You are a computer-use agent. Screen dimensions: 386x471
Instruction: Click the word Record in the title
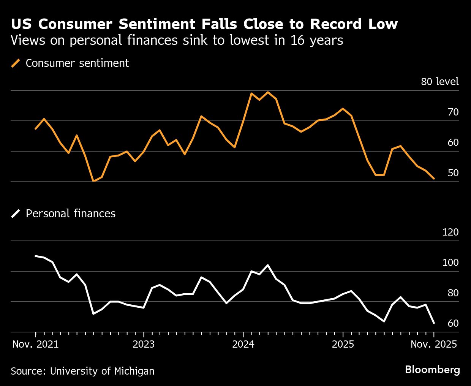[x=335, y=24]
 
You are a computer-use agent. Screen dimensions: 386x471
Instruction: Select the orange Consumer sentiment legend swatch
[x=16, y=63]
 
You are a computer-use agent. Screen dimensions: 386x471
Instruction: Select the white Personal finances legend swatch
[x=16, y=214]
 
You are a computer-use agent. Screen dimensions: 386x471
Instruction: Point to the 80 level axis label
[x=439, y=82]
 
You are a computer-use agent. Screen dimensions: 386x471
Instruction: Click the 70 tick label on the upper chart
[x=453, y=112]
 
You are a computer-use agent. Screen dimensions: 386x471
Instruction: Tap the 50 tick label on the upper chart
[x=453, y=173]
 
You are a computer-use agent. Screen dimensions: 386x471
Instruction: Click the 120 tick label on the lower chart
[x=450, y=232]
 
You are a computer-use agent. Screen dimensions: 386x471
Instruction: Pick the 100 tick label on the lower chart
[x=450, y=263]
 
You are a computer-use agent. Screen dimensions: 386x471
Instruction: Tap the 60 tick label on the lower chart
[x=453, y=323]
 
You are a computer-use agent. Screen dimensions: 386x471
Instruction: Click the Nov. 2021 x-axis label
[x=35, y=344]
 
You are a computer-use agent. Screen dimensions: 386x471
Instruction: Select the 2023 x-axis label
[x=144, y=344]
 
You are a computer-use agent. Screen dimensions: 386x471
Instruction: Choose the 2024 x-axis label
[x=243, y=344]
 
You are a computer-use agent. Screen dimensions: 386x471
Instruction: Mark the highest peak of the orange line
[x=268, y=92]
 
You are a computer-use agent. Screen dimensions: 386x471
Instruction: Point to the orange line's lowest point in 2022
[x=93, y=181]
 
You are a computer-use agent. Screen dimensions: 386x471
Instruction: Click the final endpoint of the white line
[x=434, y=323]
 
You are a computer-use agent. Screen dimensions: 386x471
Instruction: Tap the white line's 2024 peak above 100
[x=268, y=265]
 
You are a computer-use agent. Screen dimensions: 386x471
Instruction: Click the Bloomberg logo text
[x=432, y=369]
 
